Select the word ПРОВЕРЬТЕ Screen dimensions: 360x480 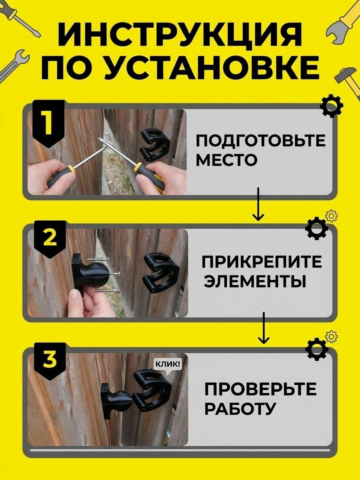click(260, 390)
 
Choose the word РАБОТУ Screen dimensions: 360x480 click(239, 408)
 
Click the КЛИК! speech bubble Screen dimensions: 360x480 click(168, 364)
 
